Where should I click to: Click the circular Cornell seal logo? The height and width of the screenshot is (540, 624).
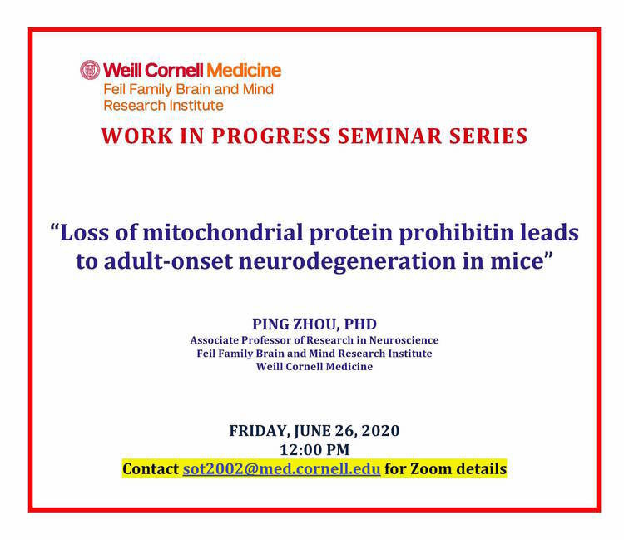(90, 70)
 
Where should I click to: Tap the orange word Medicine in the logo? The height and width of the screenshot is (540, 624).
(244, 71)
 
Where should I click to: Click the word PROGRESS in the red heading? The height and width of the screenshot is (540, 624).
(271, 136)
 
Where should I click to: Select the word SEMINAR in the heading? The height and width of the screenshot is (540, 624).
(389, 136)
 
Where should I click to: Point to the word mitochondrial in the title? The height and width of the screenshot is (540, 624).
(223, 232)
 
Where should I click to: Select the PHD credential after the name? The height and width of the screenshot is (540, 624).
(360, 324)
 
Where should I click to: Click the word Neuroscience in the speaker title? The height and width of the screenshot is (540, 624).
(404, 340)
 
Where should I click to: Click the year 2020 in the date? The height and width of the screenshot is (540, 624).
(381, 431)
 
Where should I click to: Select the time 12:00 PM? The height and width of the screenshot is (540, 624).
(314, 450)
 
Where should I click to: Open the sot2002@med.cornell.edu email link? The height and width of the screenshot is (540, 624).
(281, 469)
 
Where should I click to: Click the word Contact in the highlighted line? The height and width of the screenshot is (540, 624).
(151, 469)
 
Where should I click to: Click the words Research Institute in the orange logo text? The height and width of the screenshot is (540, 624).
(164, 106)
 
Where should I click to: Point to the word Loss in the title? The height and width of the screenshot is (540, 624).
(84, 232)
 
